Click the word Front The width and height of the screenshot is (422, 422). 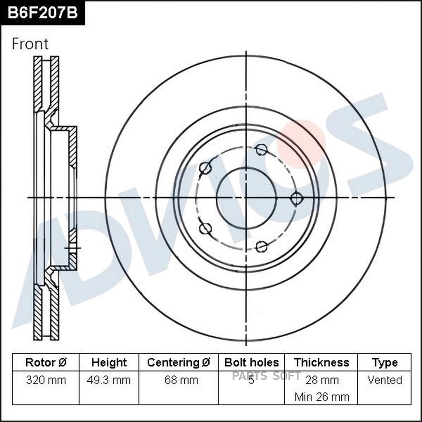[x=30, y=44]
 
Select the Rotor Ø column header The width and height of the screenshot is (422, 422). [x=45, y=362]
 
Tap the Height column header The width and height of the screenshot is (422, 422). [x=109, y=362]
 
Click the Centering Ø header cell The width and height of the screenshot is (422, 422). [x=179, y=362]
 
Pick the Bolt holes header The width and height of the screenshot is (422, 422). [x=251, y=362]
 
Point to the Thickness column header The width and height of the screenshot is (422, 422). [x=321, y=362]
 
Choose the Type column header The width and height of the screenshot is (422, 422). [x=384, y=362]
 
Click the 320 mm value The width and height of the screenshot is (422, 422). [x=45, y=380]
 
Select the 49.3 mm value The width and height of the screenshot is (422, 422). [x=109, y=380]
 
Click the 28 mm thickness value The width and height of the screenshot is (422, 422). [x=322, y=380]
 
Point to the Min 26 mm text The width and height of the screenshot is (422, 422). [x=322, y=397]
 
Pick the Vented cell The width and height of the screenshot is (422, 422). [x=384, y=380]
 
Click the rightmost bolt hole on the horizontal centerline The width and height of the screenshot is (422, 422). [x=296, y=198]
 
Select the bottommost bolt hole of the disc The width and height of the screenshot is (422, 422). [x=262, y=246]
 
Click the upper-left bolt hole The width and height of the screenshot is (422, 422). [x=205, y=168]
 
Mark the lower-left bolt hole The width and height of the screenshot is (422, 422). [x=205, y=228]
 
